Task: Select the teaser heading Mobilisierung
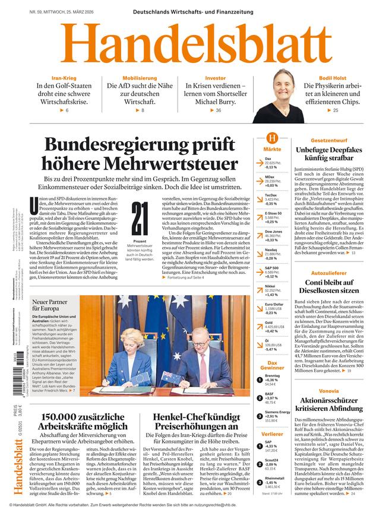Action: pos(140,78)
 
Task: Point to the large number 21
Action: pos(140,219)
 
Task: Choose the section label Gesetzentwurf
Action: pos(328,140)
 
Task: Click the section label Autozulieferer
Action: pos(328,272)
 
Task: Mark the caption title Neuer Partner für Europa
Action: pos(53,305)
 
